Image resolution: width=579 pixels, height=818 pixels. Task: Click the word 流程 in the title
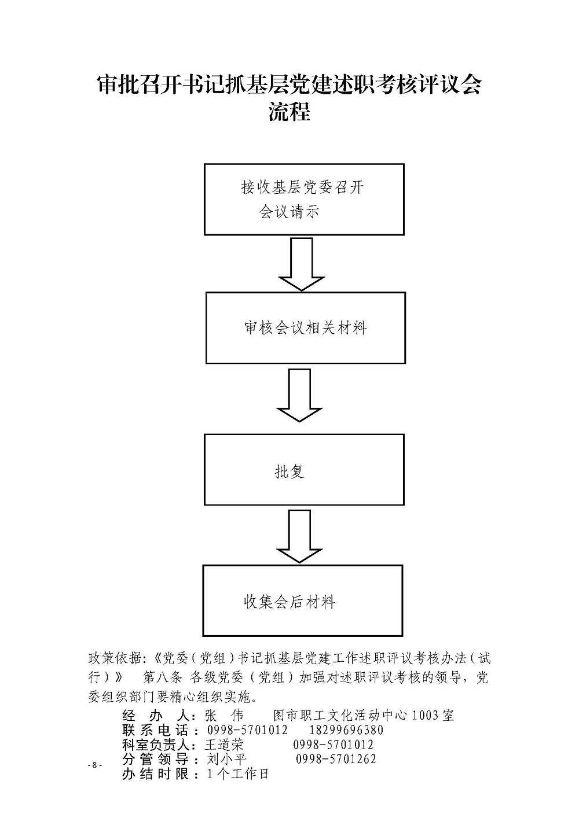coord(289,112)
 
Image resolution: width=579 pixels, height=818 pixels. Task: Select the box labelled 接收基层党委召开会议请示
coord(304,200)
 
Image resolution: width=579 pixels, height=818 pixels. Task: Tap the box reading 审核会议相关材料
coord(306,328)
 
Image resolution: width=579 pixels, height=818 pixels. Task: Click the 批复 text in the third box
coord(289,471)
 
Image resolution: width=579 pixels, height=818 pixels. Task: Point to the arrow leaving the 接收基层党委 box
coord(302,264)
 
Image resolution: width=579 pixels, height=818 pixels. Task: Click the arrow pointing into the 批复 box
coord(299,395)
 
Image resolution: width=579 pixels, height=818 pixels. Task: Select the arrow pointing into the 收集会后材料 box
coord(299,536)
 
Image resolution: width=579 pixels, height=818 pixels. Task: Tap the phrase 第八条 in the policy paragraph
coord(163,677)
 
